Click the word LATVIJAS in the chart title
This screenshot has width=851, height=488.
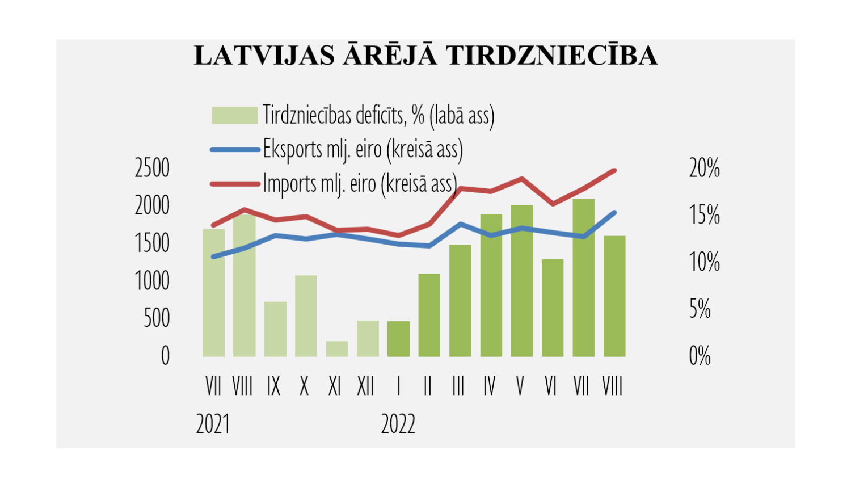[x=264, y=56]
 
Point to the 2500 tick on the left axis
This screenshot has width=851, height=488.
[x=152, y=168]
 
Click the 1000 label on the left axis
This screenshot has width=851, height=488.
[x=152, y=281]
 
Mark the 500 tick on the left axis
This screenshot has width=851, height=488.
[x=157, y=318]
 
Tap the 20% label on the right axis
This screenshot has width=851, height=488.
[x=704, y=168]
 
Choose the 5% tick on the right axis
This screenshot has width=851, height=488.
[x=700, y=309]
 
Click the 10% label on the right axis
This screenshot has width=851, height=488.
[x=704, y=262]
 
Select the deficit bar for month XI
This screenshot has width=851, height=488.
[x=337, y=349]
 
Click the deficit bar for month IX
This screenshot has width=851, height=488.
[x=275, y=329]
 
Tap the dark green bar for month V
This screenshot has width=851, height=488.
[x=522, y=281]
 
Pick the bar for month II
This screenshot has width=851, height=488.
[x=429, y=315]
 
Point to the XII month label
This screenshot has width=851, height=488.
[x=366, y=386]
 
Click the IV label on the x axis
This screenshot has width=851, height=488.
[x=489, y=386]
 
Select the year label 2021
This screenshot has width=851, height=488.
[x=213, y=424]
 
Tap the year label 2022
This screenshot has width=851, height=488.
[x=398, y=424]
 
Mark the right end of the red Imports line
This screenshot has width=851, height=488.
[x=614, y=170]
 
